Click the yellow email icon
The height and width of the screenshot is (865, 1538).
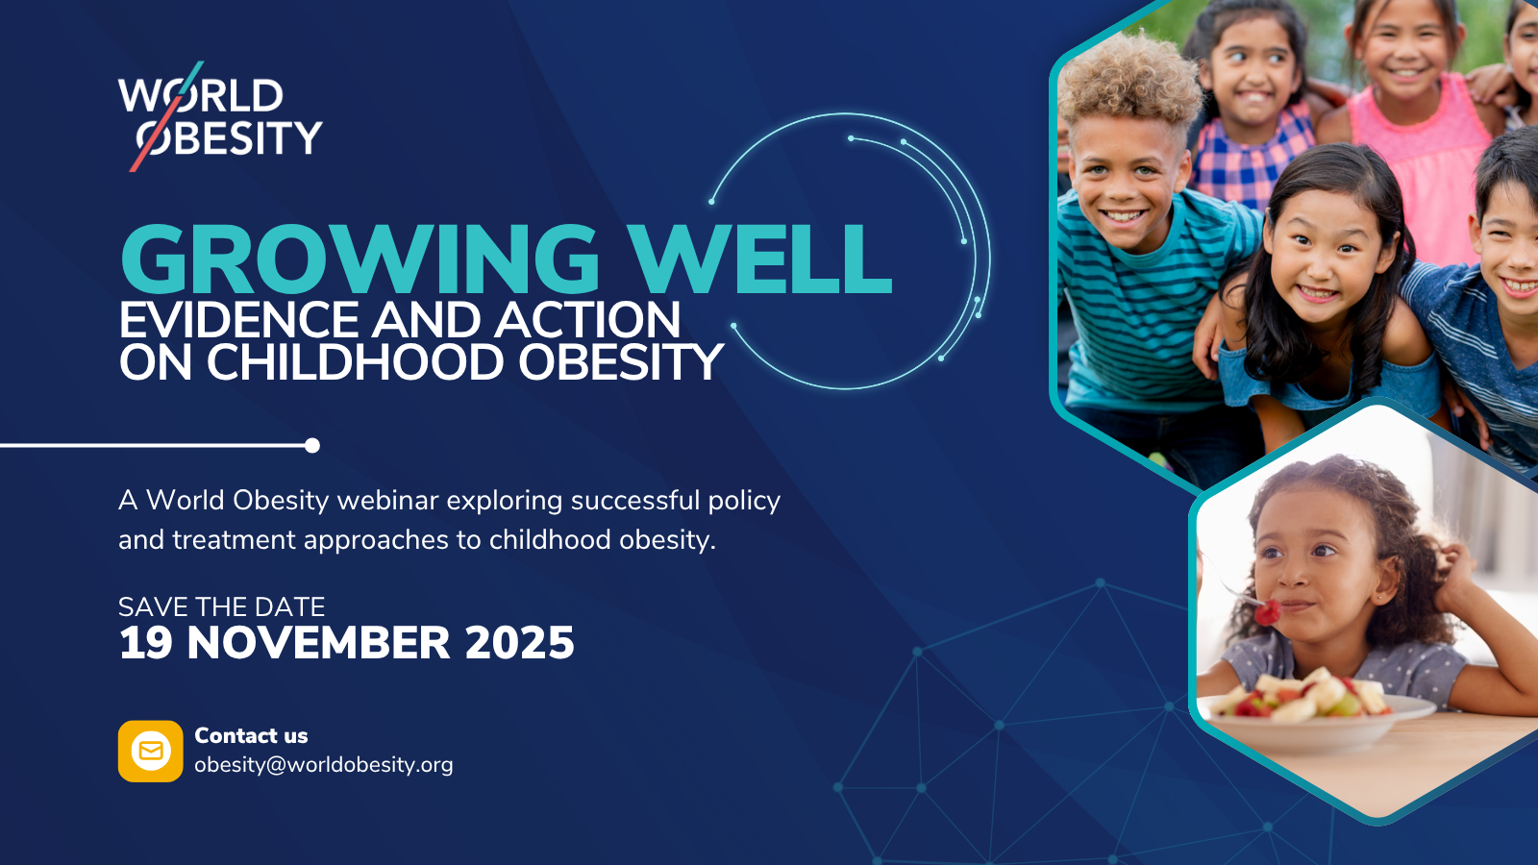150,751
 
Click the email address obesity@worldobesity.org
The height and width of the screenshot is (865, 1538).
323,765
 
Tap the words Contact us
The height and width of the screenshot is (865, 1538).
251,735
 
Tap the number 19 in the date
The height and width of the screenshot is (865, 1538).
145,643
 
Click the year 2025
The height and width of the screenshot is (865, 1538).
519,643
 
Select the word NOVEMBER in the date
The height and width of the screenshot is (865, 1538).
318,643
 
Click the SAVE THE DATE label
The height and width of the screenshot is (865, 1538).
222,606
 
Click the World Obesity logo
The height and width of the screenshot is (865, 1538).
220,116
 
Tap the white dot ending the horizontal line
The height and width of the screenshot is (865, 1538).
312,446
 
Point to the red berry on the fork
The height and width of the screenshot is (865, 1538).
1268,612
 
